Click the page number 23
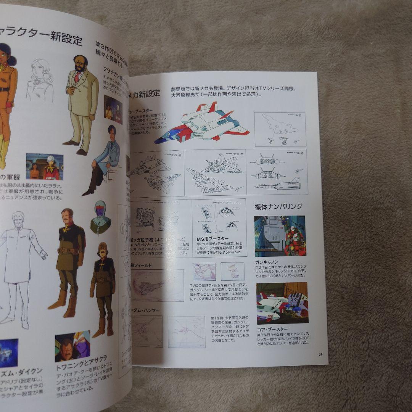pos(320,355)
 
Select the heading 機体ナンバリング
pos(278,206)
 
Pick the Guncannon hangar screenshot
pos(280,236)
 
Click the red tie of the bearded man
pos(77,77)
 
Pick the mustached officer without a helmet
pos(69,259)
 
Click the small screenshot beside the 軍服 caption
pos(45,166)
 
